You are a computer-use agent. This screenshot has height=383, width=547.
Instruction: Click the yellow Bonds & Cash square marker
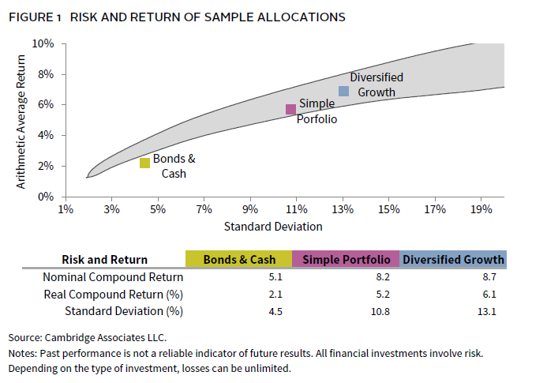point(144,163)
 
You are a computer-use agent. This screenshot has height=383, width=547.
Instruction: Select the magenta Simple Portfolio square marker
point(290,109)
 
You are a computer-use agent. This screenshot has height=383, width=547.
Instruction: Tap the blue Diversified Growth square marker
point(343,91)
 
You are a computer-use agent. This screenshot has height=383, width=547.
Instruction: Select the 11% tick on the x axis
point(296,210)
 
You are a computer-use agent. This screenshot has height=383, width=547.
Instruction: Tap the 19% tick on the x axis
point(481,210)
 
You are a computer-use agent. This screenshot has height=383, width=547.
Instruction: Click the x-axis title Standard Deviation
point(273,226)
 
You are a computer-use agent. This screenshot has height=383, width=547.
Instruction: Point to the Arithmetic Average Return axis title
point(22,120)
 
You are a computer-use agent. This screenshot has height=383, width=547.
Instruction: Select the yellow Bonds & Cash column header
point(238,259)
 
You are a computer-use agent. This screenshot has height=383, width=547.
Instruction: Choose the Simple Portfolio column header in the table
point(345,259)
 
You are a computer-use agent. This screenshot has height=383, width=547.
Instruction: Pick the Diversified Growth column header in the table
point(452,259)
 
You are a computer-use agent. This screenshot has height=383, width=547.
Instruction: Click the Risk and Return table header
point(104,259)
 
